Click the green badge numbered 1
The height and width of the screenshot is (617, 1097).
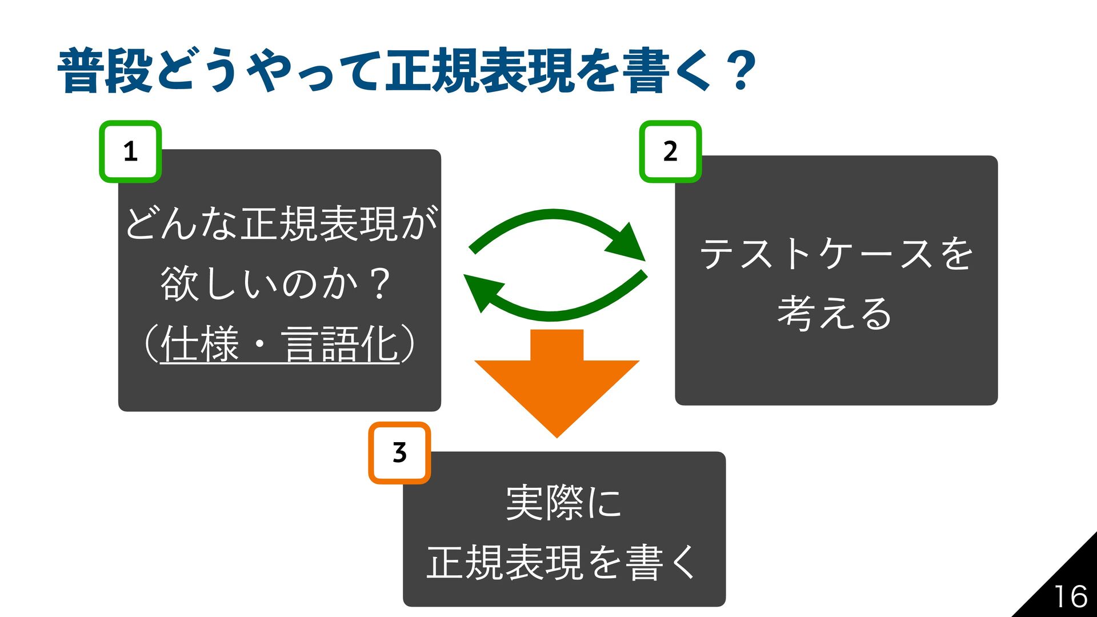130,152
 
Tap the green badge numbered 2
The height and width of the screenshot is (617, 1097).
670,152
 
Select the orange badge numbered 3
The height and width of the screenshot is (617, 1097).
399,453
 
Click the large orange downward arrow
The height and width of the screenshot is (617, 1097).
556,380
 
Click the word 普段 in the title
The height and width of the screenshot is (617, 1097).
105,71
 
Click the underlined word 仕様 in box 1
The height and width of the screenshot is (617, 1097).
199,344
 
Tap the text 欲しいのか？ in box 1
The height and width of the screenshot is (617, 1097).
277,283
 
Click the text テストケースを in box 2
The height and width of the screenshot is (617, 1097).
836,254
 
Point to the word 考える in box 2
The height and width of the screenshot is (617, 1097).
835,313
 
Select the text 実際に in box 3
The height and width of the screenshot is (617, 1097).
563,503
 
